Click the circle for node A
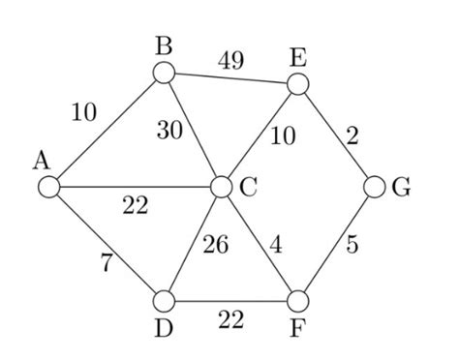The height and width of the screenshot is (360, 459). point(46,186)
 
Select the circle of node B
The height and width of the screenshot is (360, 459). point(163,72)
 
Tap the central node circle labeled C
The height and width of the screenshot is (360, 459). point(221,187)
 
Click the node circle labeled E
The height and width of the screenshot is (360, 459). point(298,83)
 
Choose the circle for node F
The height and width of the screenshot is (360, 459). point(298,301)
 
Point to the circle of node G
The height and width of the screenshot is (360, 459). point(376,187)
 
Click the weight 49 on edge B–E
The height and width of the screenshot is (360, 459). point(229,60)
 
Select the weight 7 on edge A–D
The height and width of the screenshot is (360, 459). point(105,263)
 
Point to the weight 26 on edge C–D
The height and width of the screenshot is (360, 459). point(215,246)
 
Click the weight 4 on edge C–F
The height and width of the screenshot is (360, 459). point(276,246)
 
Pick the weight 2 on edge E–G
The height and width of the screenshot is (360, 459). point(352,136)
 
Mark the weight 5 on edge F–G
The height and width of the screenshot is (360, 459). point(351,246)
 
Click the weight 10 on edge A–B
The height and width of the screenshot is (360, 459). point(84,112)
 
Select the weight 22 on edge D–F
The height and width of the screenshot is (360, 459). point(230,318)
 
